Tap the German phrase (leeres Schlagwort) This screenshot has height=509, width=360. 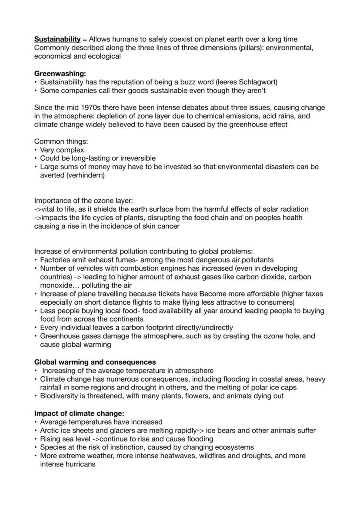pos(244,82)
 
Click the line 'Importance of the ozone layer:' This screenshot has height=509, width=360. pos(83,200)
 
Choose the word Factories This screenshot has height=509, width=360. pos(55,259)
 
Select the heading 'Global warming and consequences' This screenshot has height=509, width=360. pos(95,362)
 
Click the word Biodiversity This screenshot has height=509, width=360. pos(60,396)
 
